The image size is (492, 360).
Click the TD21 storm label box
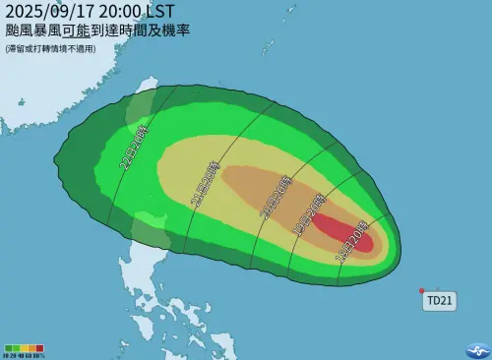(x=439, y=301)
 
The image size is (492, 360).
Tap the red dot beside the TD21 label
(x=421, y=290)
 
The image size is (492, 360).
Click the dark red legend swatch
(x=40, y=347)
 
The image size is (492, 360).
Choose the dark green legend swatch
(x=9, y=347)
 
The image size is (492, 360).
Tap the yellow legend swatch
(x=25, y=347)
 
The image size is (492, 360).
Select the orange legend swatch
(x=32, y=347)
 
